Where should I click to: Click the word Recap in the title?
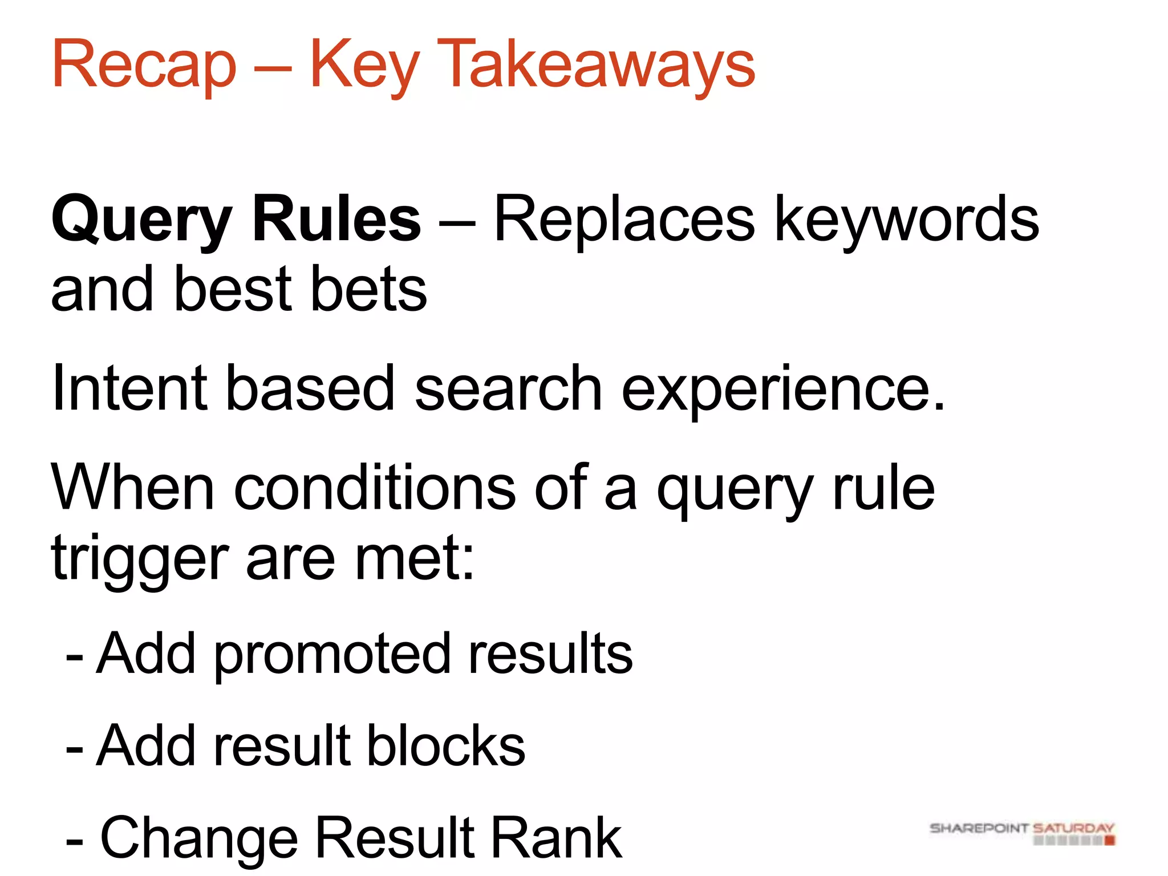144,64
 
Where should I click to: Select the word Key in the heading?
365,64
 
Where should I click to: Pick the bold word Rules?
336,220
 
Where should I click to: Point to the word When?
132,488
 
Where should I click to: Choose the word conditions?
375,488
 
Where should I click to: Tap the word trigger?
140,559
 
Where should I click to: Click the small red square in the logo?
1109,841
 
